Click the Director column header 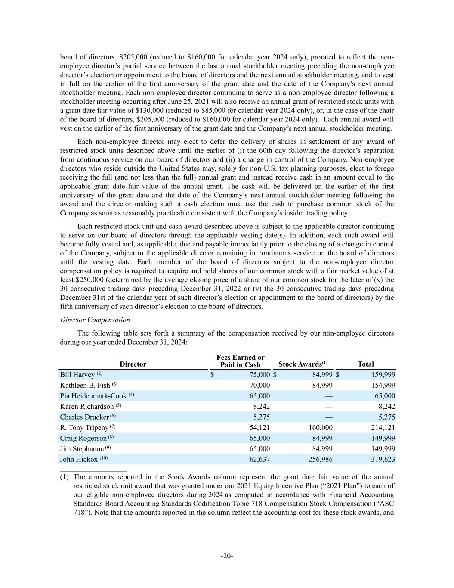[x=133, y=364]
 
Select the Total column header [x=365, y=364]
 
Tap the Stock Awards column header [x=303, y=364]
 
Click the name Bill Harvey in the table [x=77, y=375]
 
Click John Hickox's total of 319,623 [x=383, y=459]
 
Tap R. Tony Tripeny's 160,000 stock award [x=320, y=427]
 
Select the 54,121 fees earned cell [x=259, y=427]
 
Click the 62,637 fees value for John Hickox [x=259, y=459]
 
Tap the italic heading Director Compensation [x=95, y=320]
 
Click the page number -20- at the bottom [x=227, y=556]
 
